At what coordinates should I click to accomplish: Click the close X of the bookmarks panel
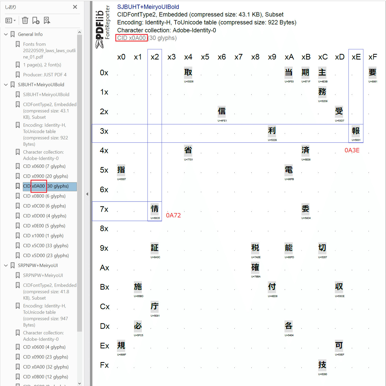(x=75, y=7)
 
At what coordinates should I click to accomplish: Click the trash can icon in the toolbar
(x=25, y=20)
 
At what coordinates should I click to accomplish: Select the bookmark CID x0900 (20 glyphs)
(x=45, y=176)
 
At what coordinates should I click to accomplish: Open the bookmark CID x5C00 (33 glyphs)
(x=45, y=246)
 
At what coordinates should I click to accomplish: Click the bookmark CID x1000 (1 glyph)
(x=43, y=236)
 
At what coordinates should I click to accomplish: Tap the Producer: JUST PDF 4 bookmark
(x=45, y=75)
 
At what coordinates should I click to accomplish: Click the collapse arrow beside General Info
(x=6, y=34)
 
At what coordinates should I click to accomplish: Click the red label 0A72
(x=173, y=215)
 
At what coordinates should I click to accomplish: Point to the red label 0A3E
(x=352, y=150)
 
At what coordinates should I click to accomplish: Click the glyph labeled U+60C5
(x=155, y=209)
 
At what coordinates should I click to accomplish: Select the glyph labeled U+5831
(x=356, y=131)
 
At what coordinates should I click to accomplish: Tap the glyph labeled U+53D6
(x=188, y=72)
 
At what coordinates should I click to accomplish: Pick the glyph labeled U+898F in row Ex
(x=121, y=345)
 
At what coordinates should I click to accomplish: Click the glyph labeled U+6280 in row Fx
(x=322, y=365)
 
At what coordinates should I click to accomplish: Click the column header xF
(x=373, y=57)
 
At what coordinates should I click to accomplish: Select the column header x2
(x=155, y=57)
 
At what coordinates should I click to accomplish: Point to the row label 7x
(x=104, y=209)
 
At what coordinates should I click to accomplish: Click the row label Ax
(x=105, y=268)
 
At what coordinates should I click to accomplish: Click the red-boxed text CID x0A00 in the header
(x=131, y=38)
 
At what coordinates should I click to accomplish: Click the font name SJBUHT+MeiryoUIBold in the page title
(x=148, y=7)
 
